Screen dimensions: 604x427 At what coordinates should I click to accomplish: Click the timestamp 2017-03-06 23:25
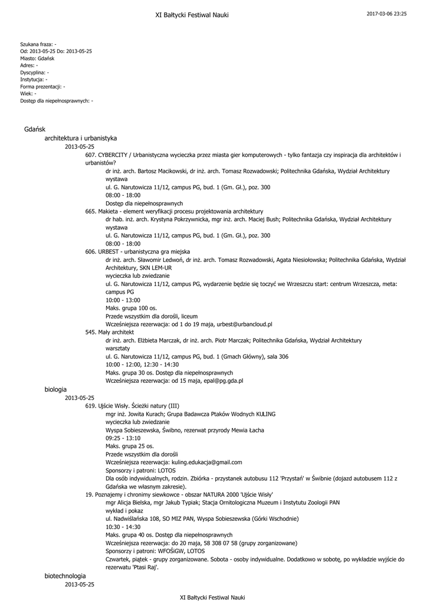point(386,14)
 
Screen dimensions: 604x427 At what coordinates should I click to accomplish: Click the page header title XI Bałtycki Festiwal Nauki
point(192,15)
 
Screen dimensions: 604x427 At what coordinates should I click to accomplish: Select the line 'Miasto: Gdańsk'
point(37,58)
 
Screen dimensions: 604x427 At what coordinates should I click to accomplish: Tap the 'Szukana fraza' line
point(38,44)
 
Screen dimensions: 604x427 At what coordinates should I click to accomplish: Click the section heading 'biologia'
point(55,389)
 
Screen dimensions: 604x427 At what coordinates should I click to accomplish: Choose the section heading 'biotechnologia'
point(65,575)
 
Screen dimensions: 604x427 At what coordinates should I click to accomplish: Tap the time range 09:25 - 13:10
point(123,438)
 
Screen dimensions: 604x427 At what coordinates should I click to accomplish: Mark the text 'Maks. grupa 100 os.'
point(131,308)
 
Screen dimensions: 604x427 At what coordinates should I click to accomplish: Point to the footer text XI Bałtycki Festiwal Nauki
point(212,597)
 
